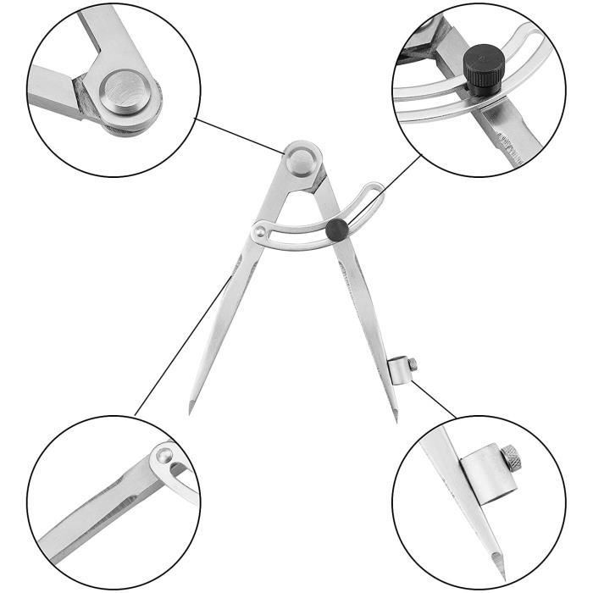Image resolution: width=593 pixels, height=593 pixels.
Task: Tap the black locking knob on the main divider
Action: pos(337,227)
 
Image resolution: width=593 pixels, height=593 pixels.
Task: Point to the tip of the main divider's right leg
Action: pos(396,418)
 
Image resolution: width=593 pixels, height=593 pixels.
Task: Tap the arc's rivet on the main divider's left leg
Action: pos(261,229)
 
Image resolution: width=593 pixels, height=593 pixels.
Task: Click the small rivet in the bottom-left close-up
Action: pos(161,457)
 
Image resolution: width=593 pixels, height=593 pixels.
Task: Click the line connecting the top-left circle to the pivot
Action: pos(242,136)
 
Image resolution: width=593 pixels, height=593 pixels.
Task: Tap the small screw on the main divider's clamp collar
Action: pos(412,364)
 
